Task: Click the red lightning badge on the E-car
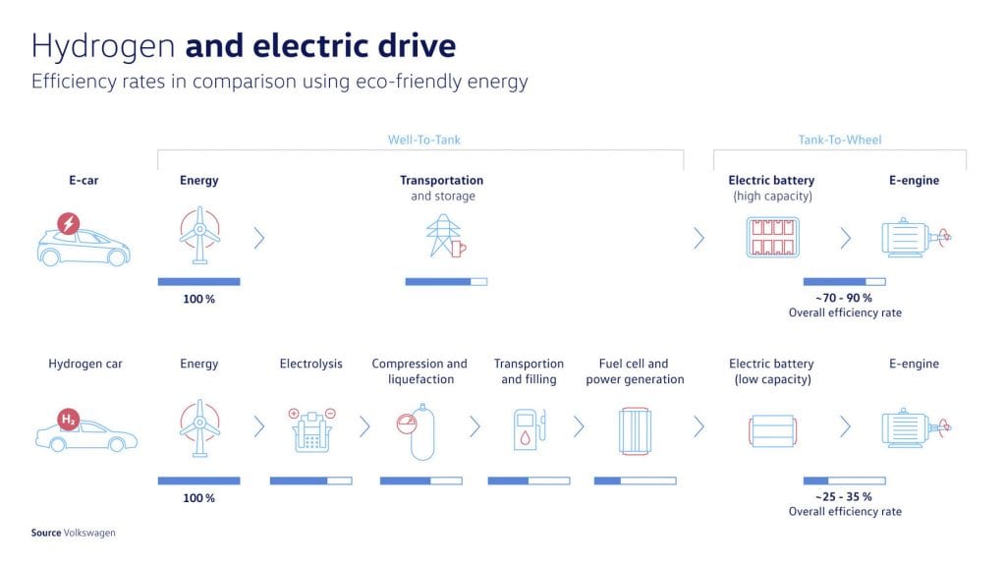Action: click(x=69, y=223)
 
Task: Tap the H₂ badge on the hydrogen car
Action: click(x=68, y=420)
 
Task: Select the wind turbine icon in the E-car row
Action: click(x=199, y=235)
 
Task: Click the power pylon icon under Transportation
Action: click(x=446, y=236)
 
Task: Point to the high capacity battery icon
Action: click(x=773, y=238)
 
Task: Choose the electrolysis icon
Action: click(x=311, y=430)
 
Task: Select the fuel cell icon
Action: click(x=635, y=430)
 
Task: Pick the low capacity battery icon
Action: click(x=773, y=430)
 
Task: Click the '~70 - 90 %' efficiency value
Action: click(x=844, y=298)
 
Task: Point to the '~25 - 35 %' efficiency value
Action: click(x=844, y=496)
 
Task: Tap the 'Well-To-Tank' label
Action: click(x=424, y=140)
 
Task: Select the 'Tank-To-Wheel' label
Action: click(x=840, y=140)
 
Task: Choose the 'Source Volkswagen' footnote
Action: click(x=73, y=533)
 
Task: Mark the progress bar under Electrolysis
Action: click(x=311, y=481)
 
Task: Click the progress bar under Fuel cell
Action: click(x=636, y=481)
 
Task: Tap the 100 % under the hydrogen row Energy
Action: click(x=198, y=498)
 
